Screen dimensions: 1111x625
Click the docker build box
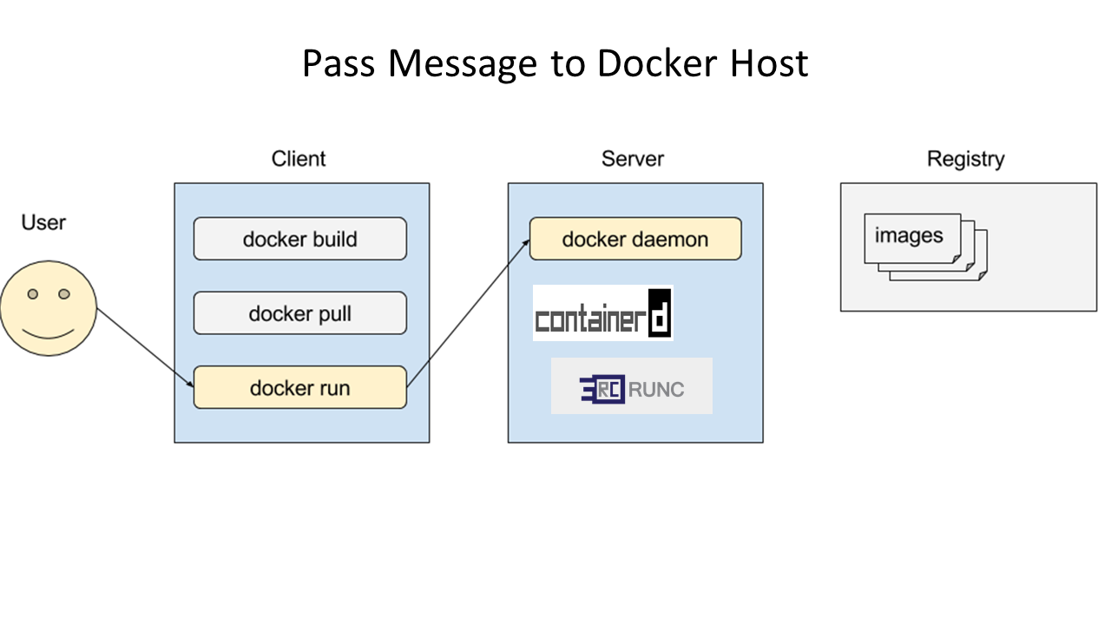tap(300, 239)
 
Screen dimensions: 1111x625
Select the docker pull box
tap(300, 313)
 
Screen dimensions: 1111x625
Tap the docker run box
tap(300, 387)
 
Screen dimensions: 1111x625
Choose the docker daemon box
tap(635, 239)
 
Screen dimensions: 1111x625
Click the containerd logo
tap(603, 313)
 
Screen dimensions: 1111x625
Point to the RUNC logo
tap(631, 386)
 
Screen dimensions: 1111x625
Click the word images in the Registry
tap(909, 235)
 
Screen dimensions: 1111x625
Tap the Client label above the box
tap(299, 159)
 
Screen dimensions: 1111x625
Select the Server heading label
tap(633, 159)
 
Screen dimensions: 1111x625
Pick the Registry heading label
tap(966, 159)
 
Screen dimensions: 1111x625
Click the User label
tap(43, 222)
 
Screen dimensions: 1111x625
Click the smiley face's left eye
tap(33, 294)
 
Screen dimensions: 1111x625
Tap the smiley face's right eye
tap(64, 294)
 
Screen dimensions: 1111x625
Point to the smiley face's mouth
tap(48, 335)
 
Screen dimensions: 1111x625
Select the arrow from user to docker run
tap(145, 348)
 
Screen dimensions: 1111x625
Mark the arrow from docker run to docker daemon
tap(468, 313)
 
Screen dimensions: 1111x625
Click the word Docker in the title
tap(657, 63)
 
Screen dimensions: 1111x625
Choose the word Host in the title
tap(769, 63)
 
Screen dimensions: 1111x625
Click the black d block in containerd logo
tap(660, 313)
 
